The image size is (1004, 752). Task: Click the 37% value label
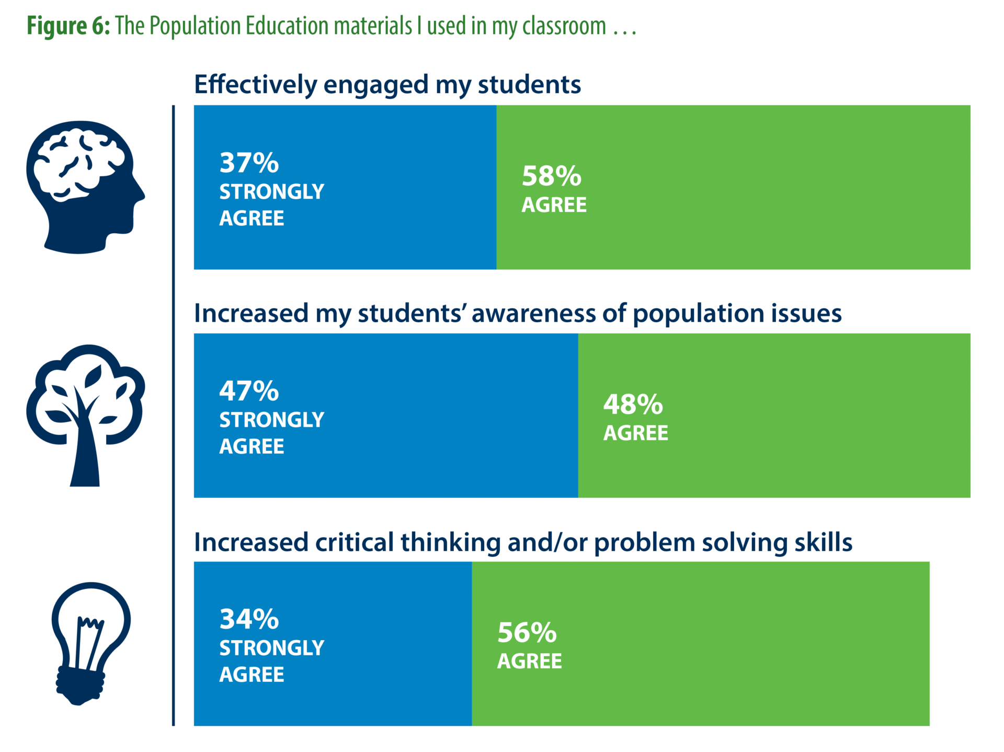pos(249,163)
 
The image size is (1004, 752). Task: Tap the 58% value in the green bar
pos(551,176)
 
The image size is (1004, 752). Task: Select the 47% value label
pos(249,391)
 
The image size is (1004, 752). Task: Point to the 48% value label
pos(633,404)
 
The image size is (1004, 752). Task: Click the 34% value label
pos(249,619)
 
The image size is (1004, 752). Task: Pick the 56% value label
pos(527,633)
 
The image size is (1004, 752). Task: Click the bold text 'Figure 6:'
pos(69,26)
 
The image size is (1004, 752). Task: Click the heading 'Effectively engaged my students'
pos(387,85)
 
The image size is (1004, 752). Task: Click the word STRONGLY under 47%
pos(271,420)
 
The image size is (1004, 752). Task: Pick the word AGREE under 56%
pos(529,662)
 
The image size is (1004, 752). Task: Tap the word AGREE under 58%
pos(554,205)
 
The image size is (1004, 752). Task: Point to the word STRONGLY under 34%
pos(271,648)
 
